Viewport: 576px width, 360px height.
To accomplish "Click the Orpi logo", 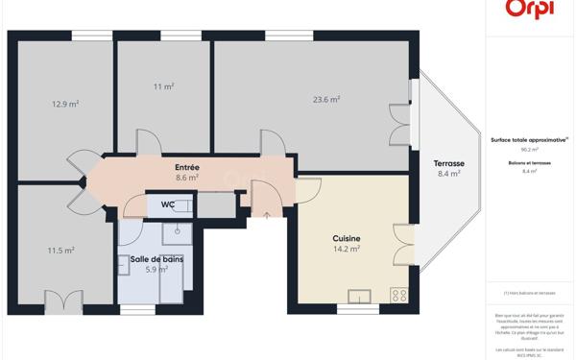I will (x=528, y=9).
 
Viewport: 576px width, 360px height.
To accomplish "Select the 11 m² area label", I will (x=163, y=87).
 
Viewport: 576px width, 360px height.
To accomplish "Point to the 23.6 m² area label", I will (x=326, y=98).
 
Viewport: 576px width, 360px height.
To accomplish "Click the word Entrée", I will (x=187, y=167).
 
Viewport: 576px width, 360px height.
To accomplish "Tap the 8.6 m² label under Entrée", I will (x=187, y=178).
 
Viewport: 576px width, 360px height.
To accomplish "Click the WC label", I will (x=167, y=204).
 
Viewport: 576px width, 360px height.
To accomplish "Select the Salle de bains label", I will (x=156, y=258).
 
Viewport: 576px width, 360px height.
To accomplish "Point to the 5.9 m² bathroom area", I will (x=156, y=270).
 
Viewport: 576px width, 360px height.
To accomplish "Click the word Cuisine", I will (x=347, y=238).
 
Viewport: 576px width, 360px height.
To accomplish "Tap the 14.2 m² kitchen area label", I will (x=347, y=250).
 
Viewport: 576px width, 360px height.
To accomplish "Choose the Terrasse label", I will (x=449, y=163).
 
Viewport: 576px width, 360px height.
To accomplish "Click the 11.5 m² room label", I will (x=61, y=251).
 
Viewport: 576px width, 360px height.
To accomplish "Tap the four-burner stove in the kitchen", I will (x=399, y=296).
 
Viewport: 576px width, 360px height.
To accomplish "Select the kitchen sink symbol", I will (x=360, y=296).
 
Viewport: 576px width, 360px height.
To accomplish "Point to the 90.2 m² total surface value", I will (x=530, y=150).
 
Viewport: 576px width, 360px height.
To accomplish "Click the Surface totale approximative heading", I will (x=529, y=139).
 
